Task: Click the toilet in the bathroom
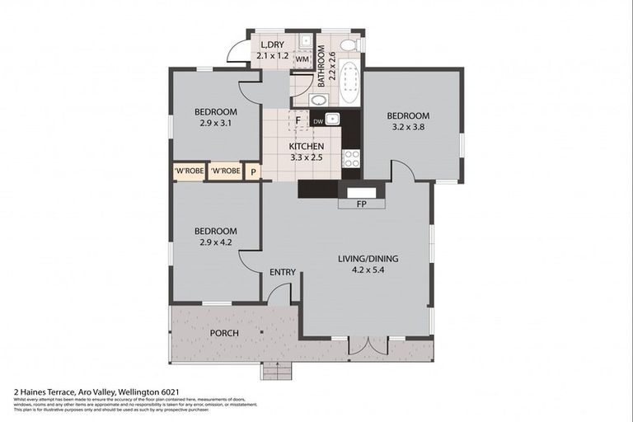tap(348, 45)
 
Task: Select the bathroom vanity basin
tap(318, 100)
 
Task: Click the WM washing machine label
tap(302, 59)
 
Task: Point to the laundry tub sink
tap(304, 40)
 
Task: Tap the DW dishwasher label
tap(317, 120)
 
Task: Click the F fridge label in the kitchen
tap(298, 121)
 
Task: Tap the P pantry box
tap(254, 171)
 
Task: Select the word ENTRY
tap(282, 273)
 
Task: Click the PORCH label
tap(224, 333)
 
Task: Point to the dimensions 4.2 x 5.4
tap(368, 269)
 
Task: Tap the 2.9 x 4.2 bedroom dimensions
tap(216, 241)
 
